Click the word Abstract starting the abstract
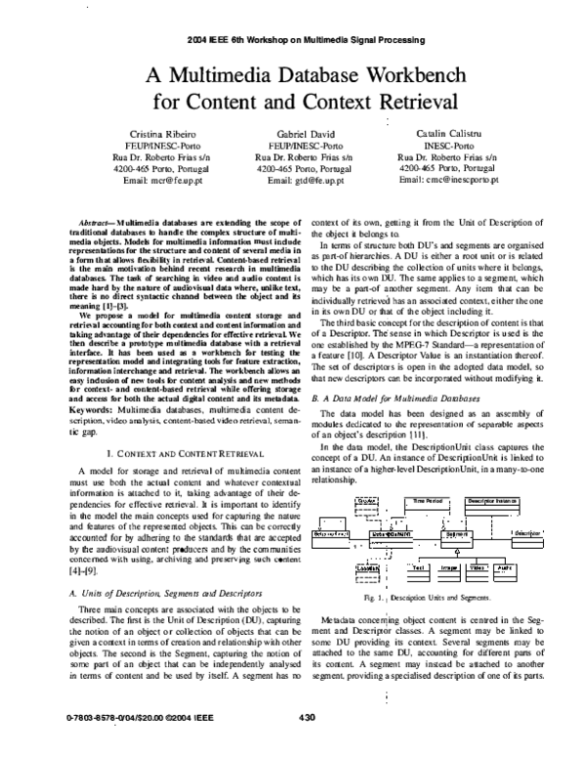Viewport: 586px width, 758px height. click(91, 213)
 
